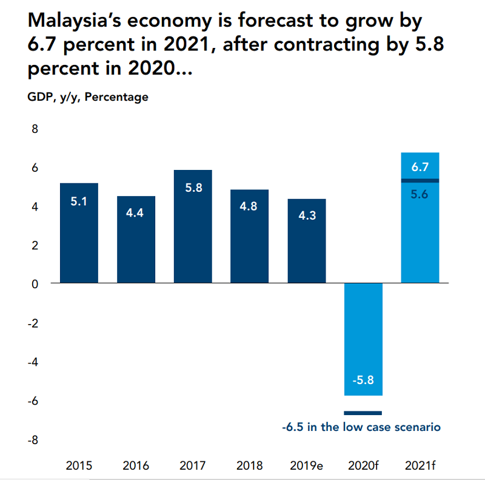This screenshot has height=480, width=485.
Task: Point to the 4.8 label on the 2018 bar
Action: click(x=250, y=206)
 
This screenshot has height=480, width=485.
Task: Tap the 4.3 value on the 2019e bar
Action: click(x=307, y=215)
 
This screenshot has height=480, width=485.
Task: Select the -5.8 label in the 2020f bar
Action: click(x=363, y=380)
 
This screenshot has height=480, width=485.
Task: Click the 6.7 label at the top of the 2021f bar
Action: click(x=420, y=167)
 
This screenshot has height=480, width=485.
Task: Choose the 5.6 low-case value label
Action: click(x=420, y=195)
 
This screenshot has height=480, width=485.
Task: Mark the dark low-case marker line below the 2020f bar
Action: click(x=363, y=413)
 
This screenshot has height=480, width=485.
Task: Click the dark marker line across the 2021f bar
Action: click(x=420, y=180)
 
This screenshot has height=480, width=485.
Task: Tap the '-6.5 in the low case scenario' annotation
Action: click(x=361, y=427)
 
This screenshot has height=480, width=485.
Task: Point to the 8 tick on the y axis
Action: click(x=34, y=129)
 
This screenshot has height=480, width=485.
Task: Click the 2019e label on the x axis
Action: click(x=306, y=466)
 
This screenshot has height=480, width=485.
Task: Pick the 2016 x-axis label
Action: click(x=136, y=466)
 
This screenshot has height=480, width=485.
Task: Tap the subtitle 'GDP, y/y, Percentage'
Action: click(x=88, y=97)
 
